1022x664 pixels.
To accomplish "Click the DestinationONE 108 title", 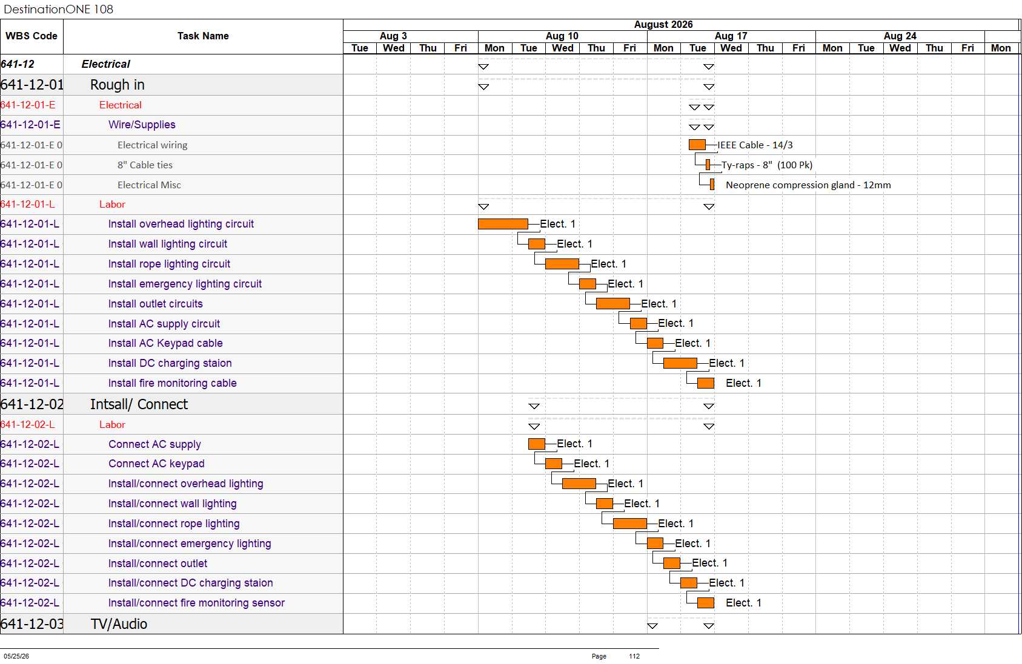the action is pos(58,9).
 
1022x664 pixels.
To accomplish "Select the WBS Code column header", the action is pos(32,36).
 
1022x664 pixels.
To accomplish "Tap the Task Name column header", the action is pos(203,36).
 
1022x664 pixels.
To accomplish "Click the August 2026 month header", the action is pos(663,25).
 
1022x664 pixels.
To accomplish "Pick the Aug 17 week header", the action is pos(731,36).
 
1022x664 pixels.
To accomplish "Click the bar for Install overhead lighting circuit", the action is pos(503,224).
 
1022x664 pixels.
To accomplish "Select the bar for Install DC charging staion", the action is pos(680,363).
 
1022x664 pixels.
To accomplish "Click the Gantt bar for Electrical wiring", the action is pos(697,145).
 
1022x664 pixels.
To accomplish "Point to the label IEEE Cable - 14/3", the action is pos(755,145).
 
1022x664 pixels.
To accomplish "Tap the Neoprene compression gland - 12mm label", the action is pos(808,185).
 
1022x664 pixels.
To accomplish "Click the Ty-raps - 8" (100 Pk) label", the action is pos(767,165).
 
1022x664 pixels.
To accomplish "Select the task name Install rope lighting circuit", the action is pos(169,264).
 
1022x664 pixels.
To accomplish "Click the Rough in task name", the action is pos(118,85).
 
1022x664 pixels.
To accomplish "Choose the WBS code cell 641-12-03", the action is pos(32,624).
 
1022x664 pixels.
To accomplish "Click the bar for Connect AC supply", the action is pos(537,444).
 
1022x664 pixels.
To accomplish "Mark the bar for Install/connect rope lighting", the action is pos(629,524).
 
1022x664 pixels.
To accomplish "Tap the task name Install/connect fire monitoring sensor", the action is pos(196,603).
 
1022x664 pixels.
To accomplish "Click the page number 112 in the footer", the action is pos(634,656).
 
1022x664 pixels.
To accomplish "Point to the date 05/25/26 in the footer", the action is pos(16,656).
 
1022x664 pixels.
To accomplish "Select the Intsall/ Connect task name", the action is pos(139,404).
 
